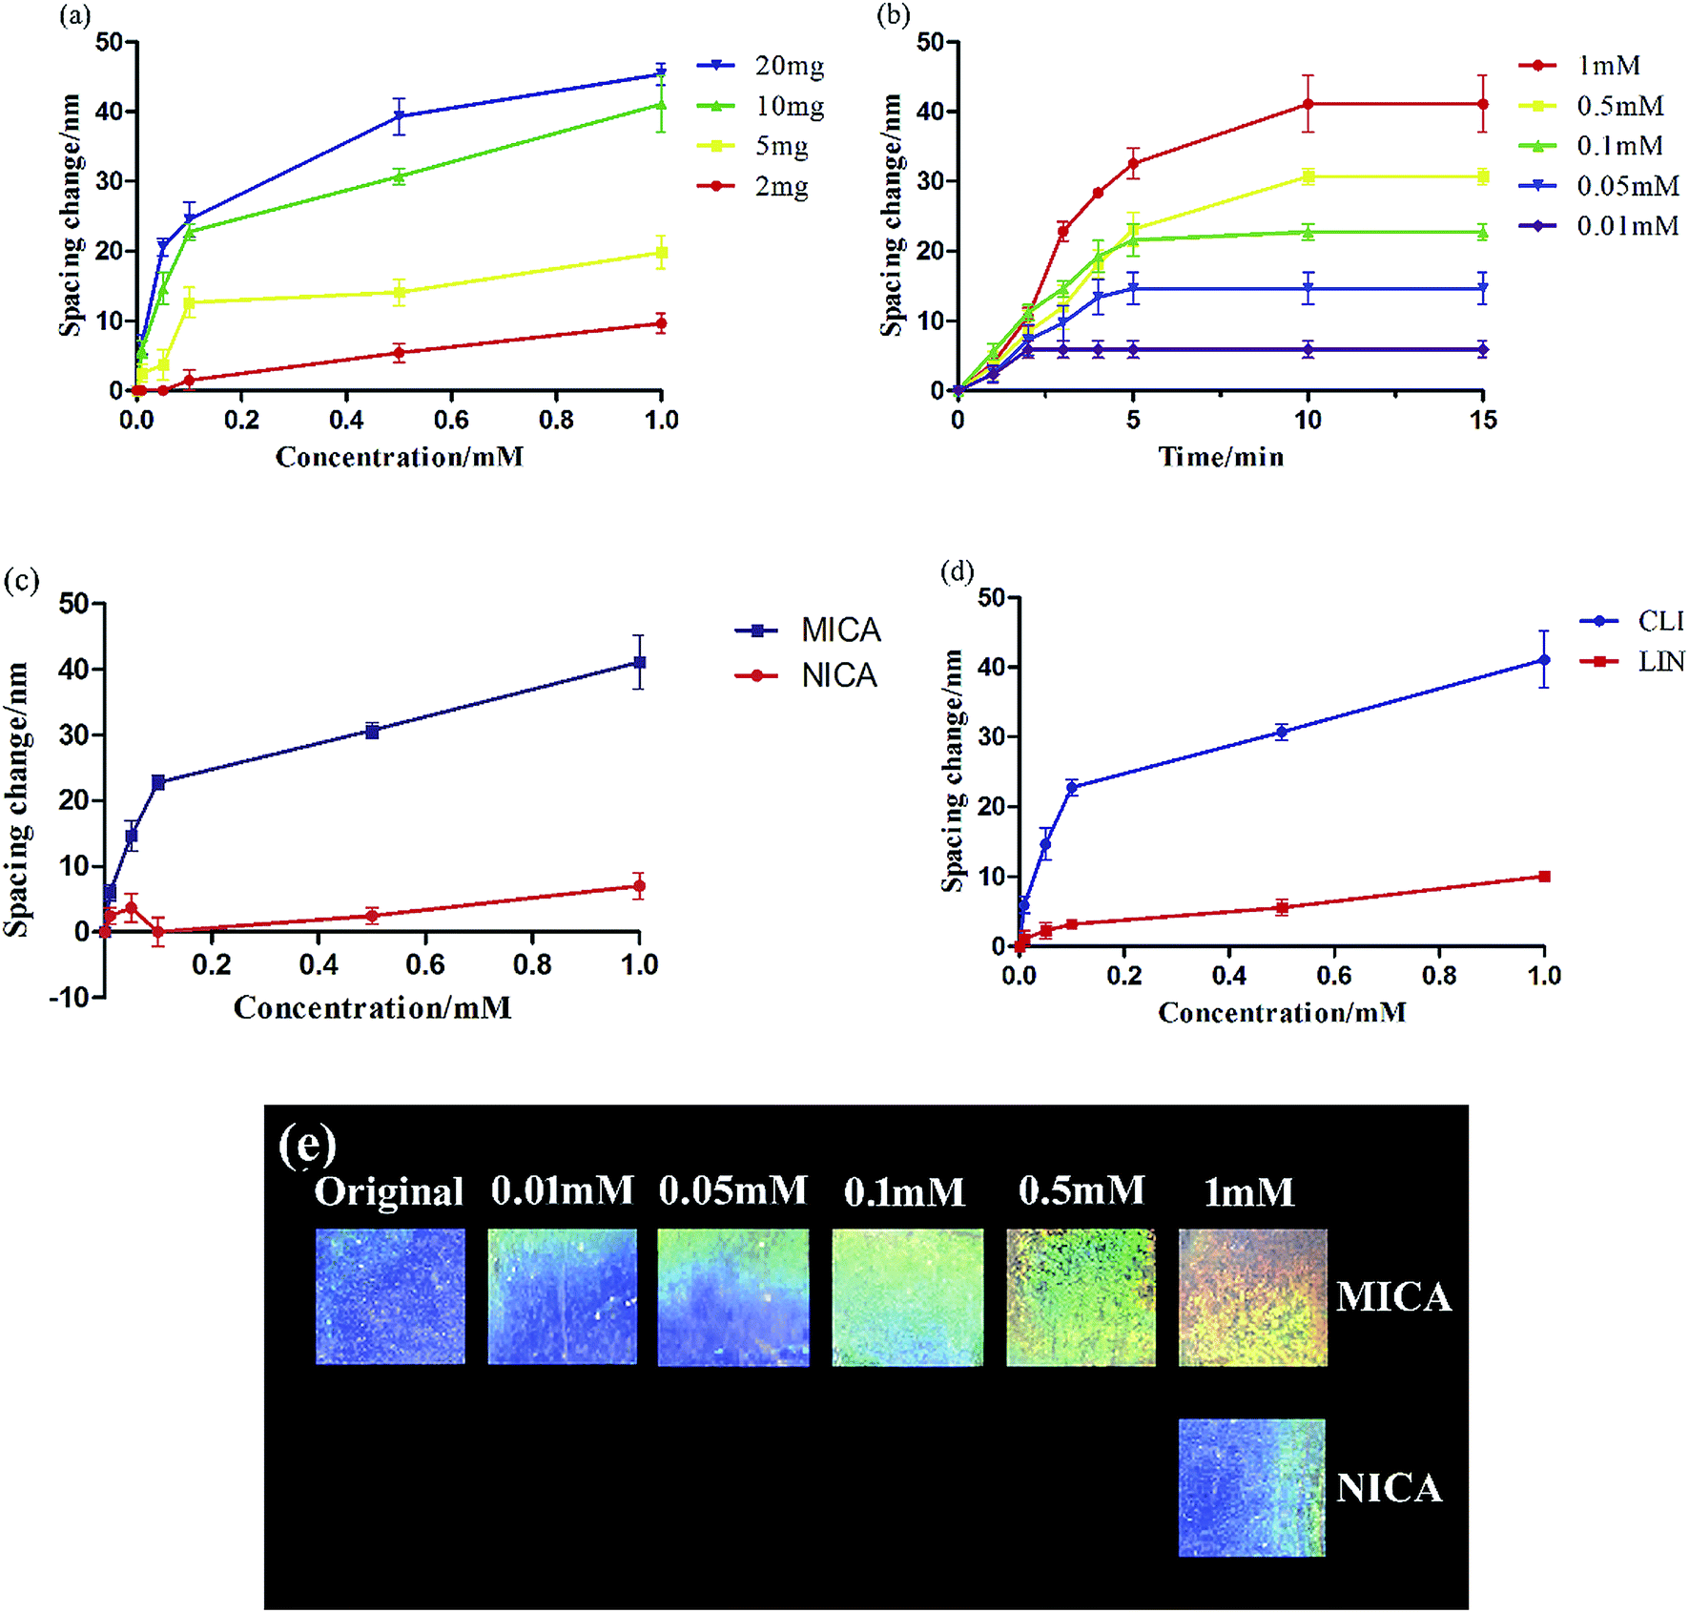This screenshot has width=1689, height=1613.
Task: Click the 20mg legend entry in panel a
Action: coord(760,66)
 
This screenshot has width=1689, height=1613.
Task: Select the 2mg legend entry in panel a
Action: coord(753,186)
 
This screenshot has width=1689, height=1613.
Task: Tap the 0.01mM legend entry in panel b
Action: coord(1598,226)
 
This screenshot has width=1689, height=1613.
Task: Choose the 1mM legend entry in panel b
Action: coord(1579,66)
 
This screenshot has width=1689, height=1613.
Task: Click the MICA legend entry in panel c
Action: coord(808,631)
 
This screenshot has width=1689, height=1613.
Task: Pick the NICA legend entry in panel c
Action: coord(806,676)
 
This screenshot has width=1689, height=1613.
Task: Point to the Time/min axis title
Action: coord(1221,457)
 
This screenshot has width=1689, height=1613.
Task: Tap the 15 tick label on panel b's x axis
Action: coord(1483,420)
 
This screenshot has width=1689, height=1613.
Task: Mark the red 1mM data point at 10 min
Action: coord(1308,104)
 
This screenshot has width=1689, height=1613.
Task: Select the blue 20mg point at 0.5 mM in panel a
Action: coord(399,116)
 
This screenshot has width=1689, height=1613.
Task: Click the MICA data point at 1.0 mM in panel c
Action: coord(639,662)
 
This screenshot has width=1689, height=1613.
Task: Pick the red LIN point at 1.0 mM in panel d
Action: coord(1544,877)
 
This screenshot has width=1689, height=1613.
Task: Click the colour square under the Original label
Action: coord(390,1296)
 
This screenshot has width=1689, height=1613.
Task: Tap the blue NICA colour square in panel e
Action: coord(1251,1487)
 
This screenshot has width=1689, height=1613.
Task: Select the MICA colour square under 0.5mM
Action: coord(1081,1297)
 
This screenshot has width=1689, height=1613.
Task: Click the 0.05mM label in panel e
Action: coord(732,1190)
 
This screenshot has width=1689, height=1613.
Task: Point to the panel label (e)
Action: coord(307,1145)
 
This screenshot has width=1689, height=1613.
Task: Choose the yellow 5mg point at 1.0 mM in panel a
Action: coord(661,253)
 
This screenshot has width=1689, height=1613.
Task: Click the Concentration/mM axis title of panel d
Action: coord(1282,1012)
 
